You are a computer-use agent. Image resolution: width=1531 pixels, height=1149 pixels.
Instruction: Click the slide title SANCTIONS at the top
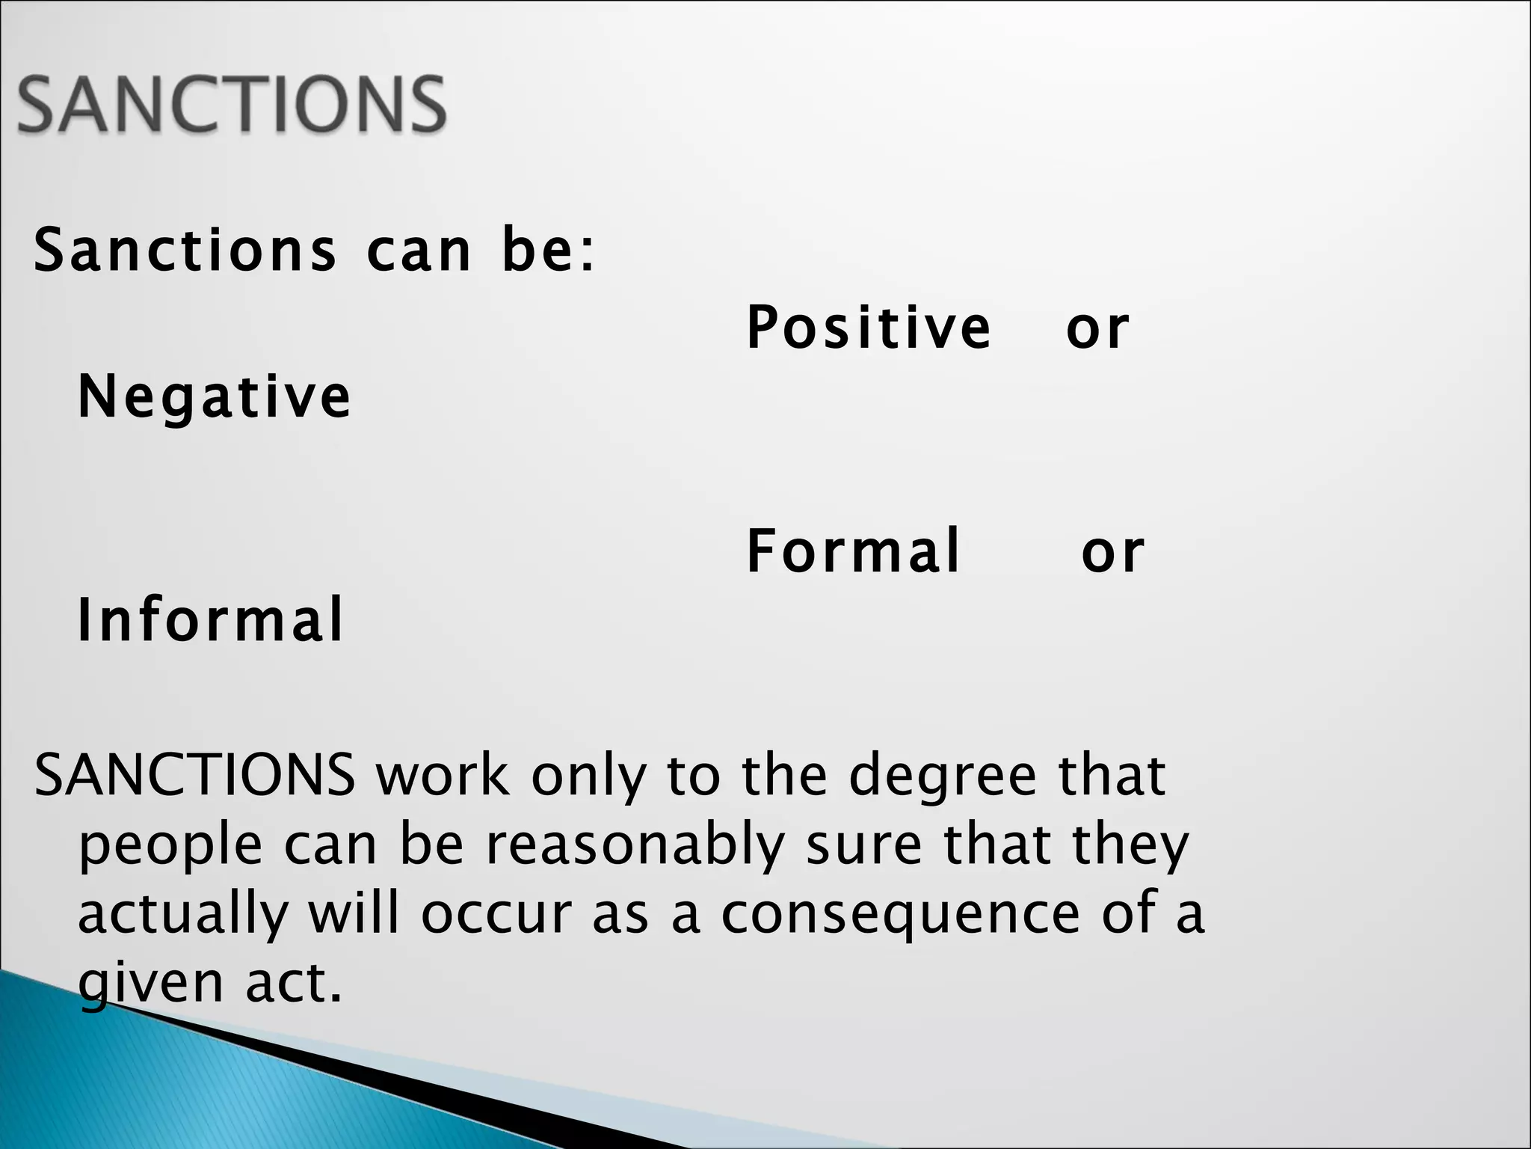pyautogui.click(x=232, y=104)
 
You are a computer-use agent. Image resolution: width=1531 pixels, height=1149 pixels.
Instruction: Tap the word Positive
pyautogui.click(x=869, y=327)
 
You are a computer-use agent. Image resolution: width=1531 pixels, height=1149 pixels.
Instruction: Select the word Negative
pyautogui.click(x=214, y=396)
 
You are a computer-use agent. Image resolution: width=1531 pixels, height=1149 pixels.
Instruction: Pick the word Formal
pyautogui.click(x=853, y=551)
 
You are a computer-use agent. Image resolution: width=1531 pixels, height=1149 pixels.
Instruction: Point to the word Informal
pyautogui.click(x=210, y=619)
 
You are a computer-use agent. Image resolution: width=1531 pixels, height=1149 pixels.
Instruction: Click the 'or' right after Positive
pyautogui.click(x=1097, y=328)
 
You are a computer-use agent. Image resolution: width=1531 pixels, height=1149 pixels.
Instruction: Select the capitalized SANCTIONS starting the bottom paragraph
pyautogui.click(x=194, y=775)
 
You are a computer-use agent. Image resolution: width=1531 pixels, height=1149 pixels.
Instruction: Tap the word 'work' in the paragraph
pyautogui.click(x=443, y=775)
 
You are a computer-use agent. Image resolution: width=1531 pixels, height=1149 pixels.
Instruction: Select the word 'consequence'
pyautogui.click(x=900, y=914)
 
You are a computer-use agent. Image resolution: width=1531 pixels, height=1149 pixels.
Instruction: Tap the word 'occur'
pyautogui.click(x=496, y=914)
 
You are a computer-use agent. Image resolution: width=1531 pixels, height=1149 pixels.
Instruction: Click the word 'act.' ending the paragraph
pyautogui.click(x=294, y=983)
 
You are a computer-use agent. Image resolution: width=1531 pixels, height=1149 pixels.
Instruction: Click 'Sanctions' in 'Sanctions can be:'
pyautogui.click(x=185, y=251)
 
